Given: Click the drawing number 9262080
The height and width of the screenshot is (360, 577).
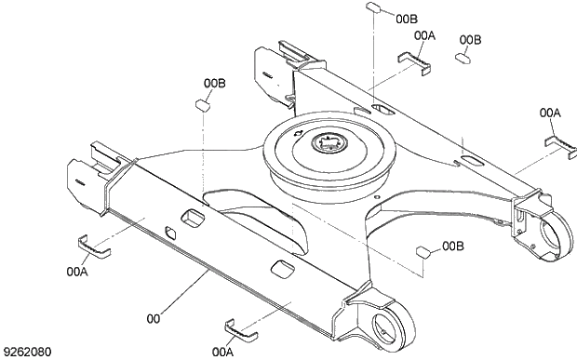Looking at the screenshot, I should click(x=28, y=352).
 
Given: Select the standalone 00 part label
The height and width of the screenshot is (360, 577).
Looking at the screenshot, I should click(x=153, y=318).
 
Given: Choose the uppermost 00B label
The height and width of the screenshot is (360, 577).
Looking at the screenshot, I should click(x=407, y=18).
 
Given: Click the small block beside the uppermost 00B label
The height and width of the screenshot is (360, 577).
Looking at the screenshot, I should click(x=371, y=7).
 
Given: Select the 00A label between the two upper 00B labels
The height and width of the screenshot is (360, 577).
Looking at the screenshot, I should click(x=424, y=34).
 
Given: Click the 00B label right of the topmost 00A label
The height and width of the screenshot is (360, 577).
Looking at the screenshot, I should click(x=471, y=40).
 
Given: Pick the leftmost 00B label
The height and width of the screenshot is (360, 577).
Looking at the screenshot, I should click(x=215, y=84).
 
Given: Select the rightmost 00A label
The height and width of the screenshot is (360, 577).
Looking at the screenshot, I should click(x=550, y=113).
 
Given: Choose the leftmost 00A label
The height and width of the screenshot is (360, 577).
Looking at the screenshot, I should click(x=77, y=272).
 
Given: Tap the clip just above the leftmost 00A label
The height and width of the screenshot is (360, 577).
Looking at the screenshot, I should click(x=92, y=247).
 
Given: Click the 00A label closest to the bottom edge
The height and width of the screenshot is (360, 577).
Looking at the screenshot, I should click(x=222, y=352).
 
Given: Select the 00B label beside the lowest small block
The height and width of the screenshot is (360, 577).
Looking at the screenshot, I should click(x=453, y=247).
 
